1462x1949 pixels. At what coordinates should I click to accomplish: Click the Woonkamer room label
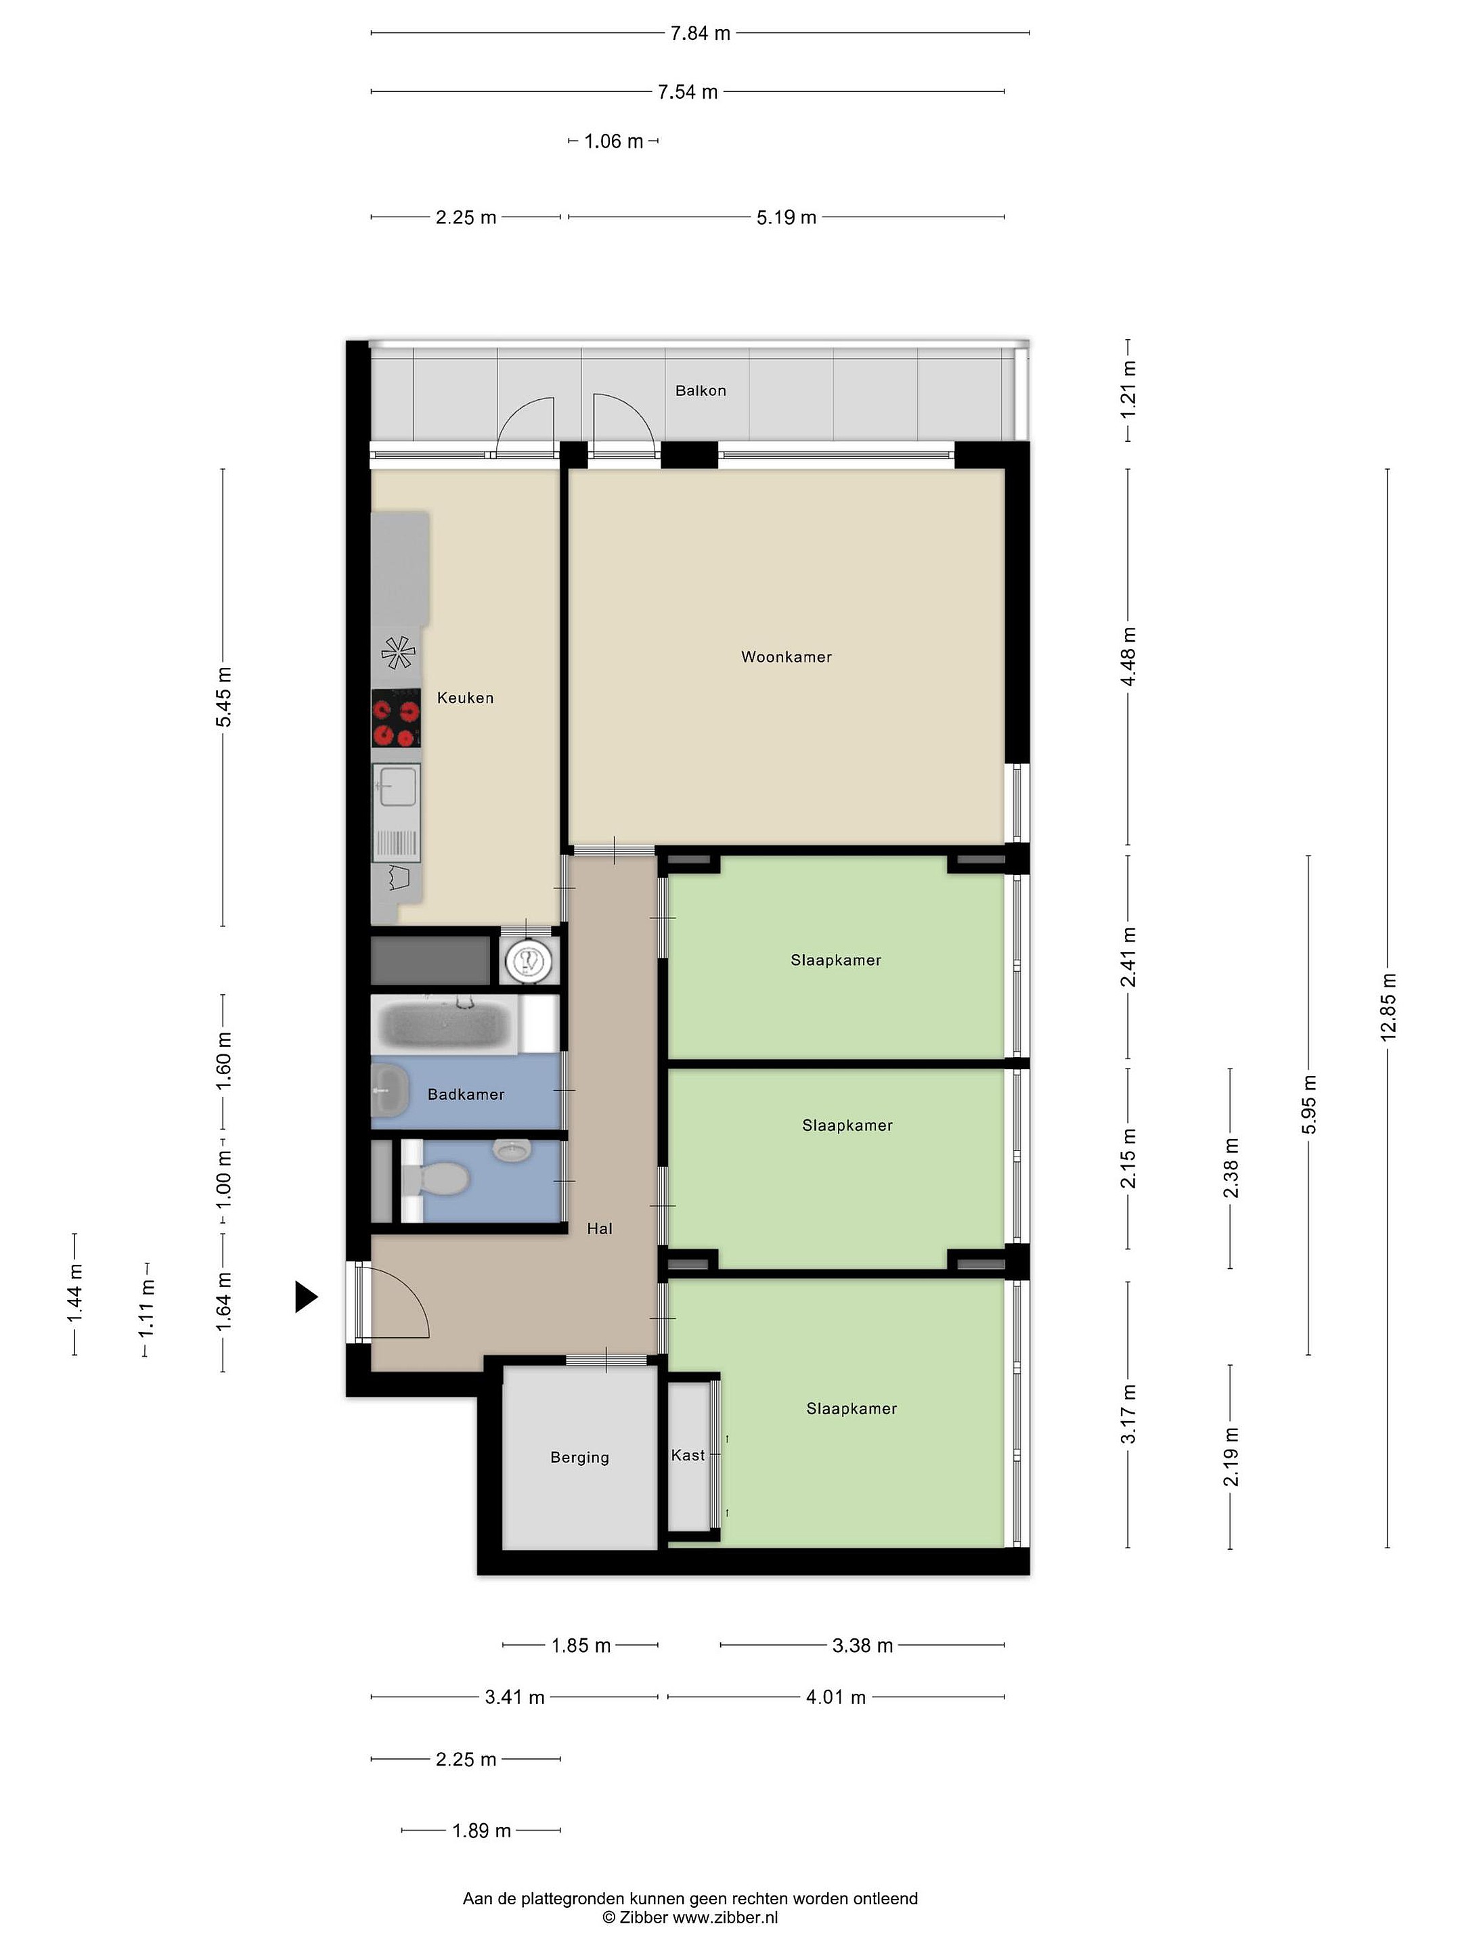click(x=786, y=656)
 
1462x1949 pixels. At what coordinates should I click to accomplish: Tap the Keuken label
click(x=465, y=698)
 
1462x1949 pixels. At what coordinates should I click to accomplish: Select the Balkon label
click(x=701, y=390)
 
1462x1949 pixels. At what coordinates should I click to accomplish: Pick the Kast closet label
click(x=688, y=1455)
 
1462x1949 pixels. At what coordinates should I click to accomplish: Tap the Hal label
click(x=599, y=1228)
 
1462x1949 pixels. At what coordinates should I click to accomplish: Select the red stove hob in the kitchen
click(x=396, y=718)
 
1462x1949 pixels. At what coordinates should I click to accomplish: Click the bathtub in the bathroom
click(x=444, y=1024)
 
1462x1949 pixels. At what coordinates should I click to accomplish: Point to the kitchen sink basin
click(x=396, y=785)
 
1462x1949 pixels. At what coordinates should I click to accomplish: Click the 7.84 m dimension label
click(x=700, y=33)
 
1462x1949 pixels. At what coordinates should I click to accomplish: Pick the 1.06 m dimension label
click(x=613, y=141)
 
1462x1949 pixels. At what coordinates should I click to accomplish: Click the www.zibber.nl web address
click(x=726, y=1917)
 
